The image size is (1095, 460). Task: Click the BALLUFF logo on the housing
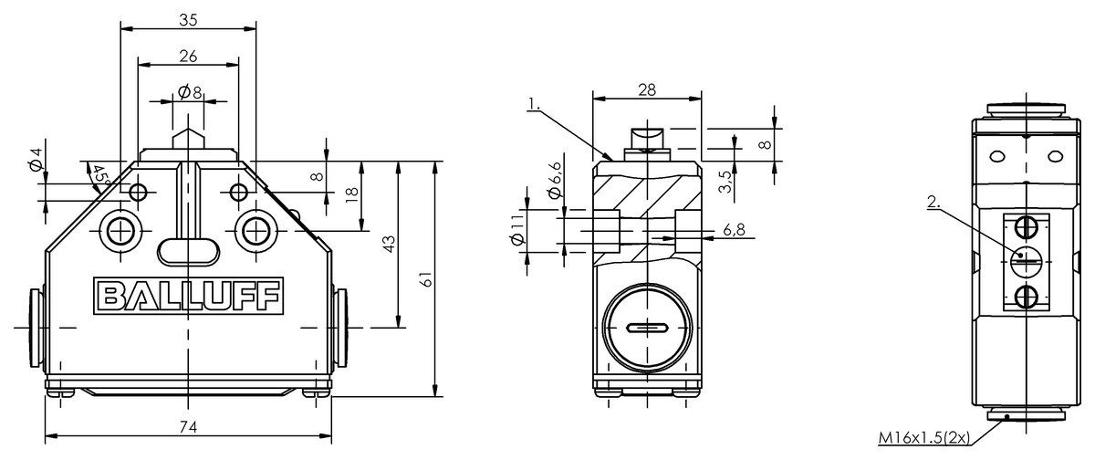tap(188, 296)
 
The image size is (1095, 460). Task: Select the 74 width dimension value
tap(188, 427)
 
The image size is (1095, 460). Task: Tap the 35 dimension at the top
tap(188, 20)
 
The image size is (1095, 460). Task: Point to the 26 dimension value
tap(188, 57)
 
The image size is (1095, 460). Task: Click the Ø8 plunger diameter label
tap(190, 92)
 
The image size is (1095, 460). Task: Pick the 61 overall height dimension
tap(427, 279)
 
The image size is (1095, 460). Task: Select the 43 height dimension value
tap(389, 244)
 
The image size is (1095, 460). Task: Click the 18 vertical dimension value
tap(352, 195)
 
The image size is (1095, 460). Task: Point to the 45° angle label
tap(101, 177)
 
